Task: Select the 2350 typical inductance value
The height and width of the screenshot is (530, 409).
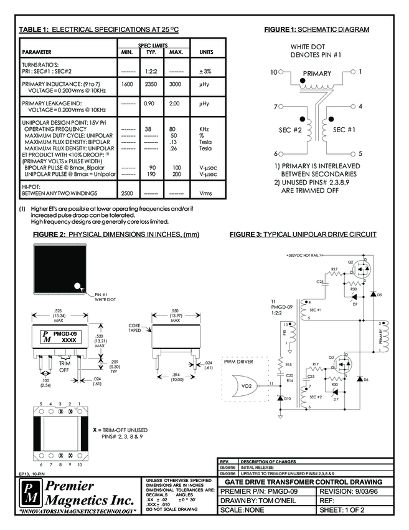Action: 150,84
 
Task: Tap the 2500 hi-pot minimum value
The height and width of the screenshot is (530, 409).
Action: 127,193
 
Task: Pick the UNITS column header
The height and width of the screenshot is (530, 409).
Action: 205,52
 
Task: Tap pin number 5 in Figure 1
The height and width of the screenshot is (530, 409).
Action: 360,153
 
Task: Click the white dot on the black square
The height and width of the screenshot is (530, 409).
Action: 78,287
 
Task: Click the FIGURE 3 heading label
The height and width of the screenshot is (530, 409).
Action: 246,235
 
